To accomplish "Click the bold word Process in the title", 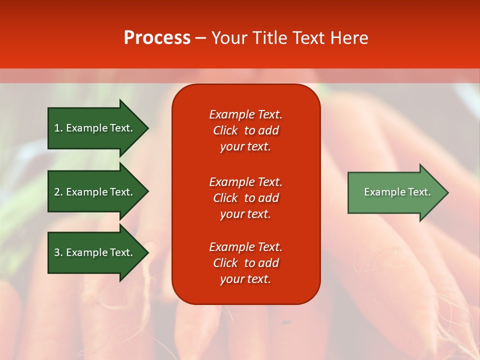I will click(157, 38).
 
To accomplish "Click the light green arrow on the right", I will click(390, 192).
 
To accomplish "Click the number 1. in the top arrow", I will click(58, 128).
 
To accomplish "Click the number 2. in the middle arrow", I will click(58, 192).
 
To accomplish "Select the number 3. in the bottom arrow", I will click(58, 252).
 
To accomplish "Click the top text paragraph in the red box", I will click(245, 130).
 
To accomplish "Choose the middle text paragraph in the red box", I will click(245, 198).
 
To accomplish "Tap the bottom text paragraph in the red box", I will click(245, 263).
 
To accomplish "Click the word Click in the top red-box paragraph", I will click(225, 130).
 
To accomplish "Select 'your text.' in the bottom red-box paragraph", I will click(245, 279).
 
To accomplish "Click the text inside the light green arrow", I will click(397, 192).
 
